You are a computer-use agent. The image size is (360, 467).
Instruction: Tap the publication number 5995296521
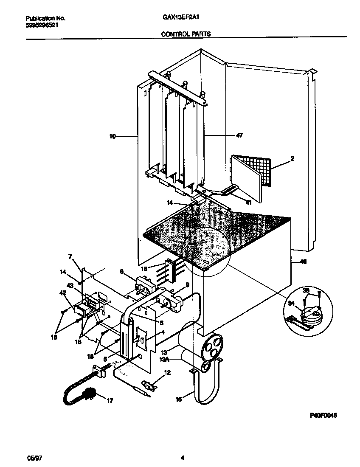point(42,25)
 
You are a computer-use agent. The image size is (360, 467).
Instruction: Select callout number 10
point(112,136)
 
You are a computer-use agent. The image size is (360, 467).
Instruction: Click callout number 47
point(239,135)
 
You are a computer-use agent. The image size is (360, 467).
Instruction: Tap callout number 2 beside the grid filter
point(292,159)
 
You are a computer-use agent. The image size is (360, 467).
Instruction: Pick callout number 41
point(248,203)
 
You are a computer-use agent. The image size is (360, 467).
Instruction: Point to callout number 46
point(303,262)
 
